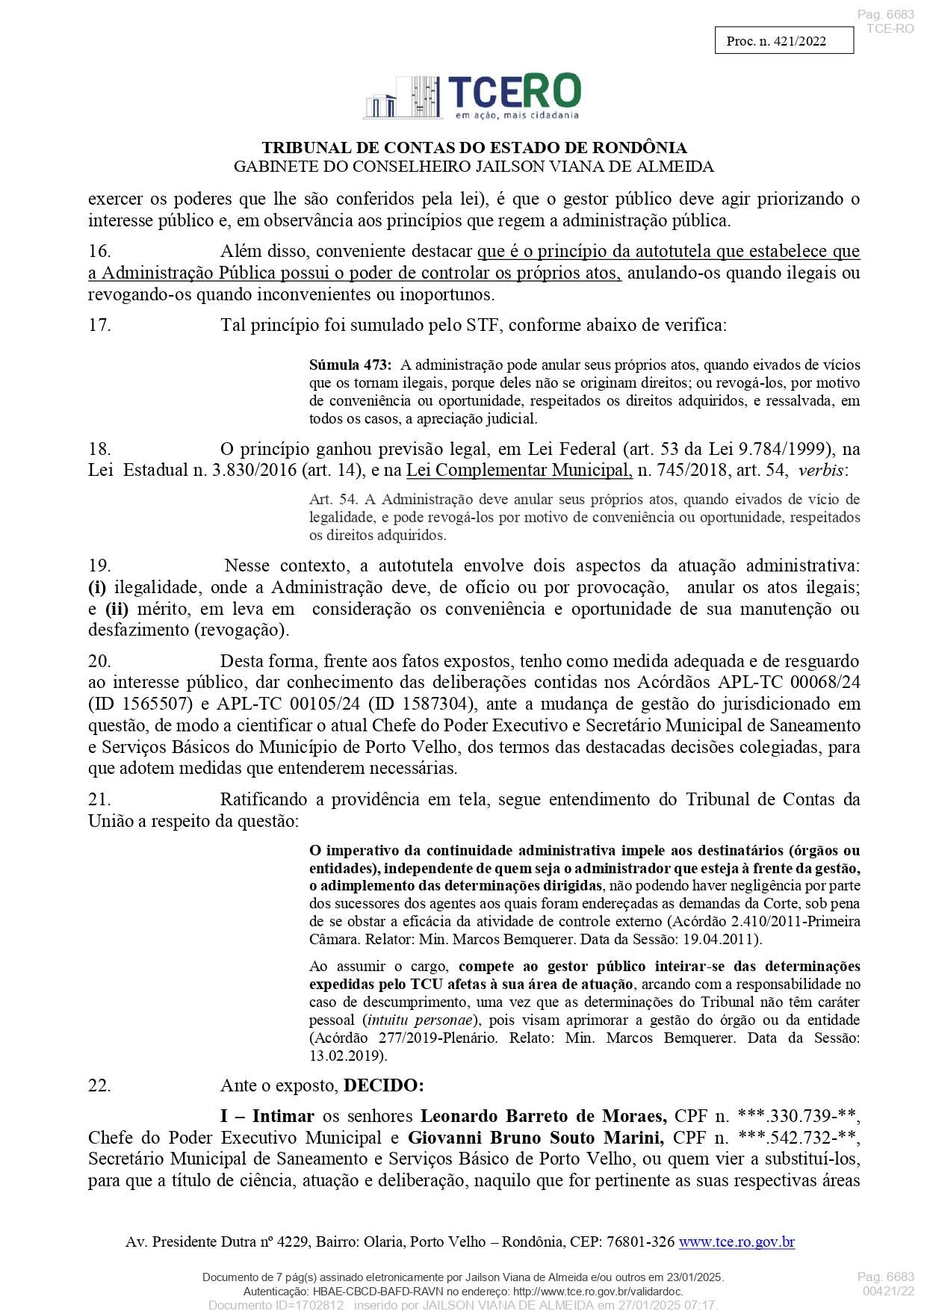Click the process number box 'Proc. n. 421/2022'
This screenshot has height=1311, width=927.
point(784,41)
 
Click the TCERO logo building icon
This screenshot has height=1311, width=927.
point(404,97)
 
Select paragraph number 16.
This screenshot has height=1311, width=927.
point(99,252)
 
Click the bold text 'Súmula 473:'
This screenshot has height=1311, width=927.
point(350,365)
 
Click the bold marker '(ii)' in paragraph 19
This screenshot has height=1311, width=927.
point(117,609)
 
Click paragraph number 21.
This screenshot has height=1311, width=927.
point(99,800)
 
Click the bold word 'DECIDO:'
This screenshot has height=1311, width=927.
point(384,1085)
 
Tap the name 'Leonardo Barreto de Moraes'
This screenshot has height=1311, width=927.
point(544,1117)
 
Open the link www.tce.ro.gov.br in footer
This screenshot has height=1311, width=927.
point(737,1242)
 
